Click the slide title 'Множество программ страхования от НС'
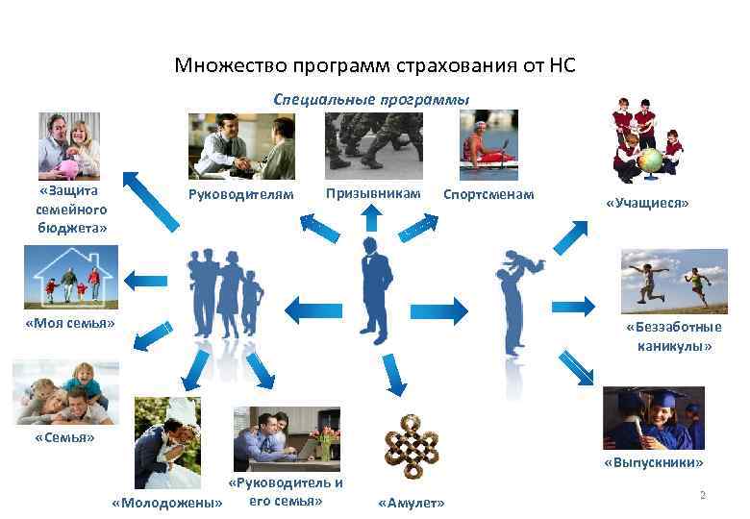pyautogui.click(x=375, y=66)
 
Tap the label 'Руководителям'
pyautogui.click(x=240, y=195)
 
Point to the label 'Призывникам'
pyautogui.click(x=373, y=193)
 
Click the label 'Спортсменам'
pyautogui.click(x=487, y=195)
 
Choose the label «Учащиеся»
pyautogui.click(x=647, y=204)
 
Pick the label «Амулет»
pyautogui.click(x=412, y=503)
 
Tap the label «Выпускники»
pyautogui.click(x=654, y=462)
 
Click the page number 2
pyautogui.click(x=703, y=495)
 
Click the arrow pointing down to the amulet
pyautogui.click(x=391, y=380)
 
